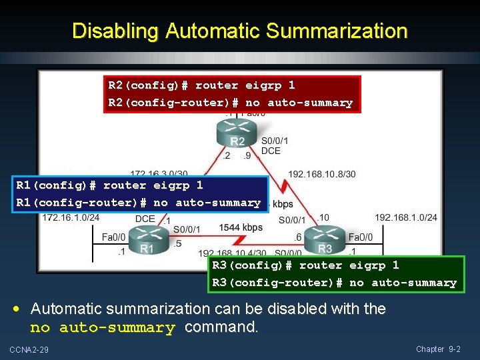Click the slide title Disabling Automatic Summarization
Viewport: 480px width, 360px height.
pyautogui.click(x=239, y=31)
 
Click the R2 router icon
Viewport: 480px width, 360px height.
pyautogui.click(x=237, y=135)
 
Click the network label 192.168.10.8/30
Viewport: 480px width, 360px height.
pyautogui.click(x=322, y=174)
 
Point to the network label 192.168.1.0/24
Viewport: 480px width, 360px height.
pyautogui.click(x=405, y=217)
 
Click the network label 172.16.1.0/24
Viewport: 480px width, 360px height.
pyautogui.click(x=71, y=217)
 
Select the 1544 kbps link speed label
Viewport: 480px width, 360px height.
pyautogui.click(x=241, y=228)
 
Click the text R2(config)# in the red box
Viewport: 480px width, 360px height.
pyautogui.click(x=149, y=85)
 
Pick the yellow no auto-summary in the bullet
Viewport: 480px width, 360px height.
pyautogui.click(x=102, y=327)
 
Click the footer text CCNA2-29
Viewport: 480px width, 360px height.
pyautogui.click(x=29, y=350)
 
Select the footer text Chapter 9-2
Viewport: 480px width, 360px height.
pyautogui.click(x=438, y=349)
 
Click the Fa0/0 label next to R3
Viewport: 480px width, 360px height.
pyautogui.click(x=360, y=237)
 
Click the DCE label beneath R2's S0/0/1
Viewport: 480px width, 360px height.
pyautogui.click(x=270, y=151)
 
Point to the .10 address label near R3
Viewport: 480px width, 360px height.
pyautogui.click(x=323, y=217)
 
